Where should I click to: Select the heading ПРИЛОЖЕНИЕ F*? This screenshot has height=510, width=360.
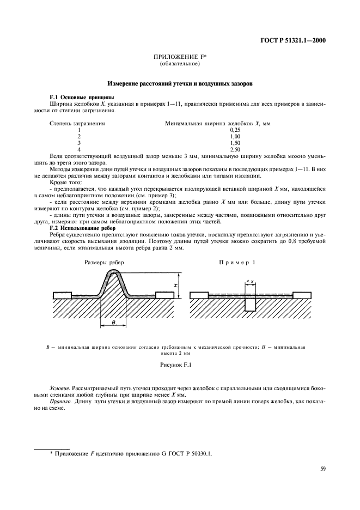click(x=180, y=58)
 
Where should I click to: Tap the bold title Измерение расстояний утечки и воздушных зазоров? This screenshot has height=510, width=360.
click(x=180, y=84)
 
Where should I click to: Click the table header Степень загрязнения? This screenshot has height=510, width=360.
click(x=77, y=124)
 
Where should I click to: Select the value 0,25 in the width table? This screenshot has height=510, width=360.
click(x=235, y=130)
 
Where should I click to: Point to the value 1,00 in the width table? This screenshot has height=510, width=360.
click(x=235, y=136)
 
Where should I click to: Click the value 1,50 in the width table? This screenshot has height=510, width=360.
click(x=235, y=142)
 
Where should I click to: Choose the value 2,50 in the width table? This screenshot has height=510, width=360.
click(x=235, y=149)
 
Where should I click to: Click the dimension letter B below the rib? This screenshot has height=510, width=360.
click(x=113, y=323)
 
